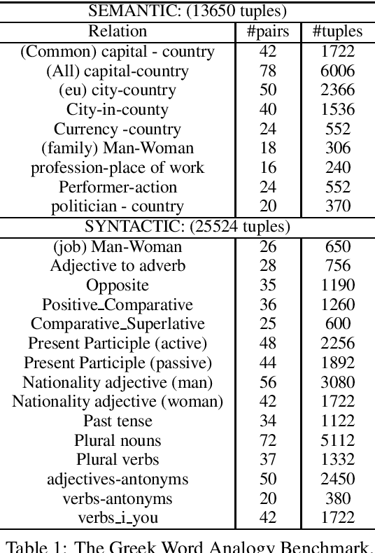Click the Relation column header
[118, 31]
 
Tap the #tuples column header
[338, 31]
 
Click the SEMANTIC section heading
[187, 11]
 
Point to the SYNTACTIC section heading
[187, 227]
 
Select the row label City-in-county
[118, 109]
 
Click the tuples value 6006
[338, 71]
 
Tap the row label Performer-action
[118, 187]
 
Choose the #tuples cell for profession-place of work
[338, 167]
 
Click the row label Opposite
[118, 286]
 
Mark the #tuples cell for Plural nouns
[338, 440]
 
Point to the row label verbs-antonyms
[118, 498]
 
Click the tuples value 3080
[338, 382]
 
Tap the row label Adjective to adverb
[118, 266]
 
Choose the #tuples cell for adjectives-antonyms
[338, 479]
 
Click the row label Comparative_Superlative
[118, 324]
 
